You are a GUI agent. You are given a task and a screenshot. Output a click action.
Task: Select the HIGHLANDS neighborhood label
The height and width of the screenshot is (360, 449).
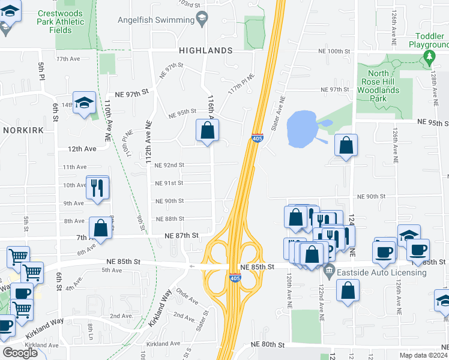point(205,50)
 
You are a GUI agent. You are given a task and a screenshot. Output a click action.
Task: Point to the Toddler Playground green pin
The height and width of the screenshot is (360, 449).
point(429,58)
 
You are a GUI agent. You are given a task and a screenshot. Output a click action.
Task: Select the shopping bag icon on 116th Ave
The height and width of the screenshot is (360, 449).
point(207,130)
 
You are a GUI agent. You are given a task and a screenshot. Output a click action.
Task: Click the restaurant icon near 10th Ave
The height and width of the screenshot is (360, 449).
point(97,187)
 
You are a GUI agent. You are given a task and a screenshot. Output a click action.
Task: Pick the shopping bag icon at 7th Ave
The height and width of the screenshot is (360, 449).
point(100,228)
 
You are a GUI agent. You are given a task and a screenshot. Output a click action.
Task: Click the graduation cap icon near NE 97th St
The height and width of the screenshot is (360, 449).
point(85,103)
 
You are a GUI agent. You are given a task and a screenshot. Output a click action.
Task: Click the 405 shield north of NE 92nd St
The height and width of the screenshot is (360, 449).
point(257,138)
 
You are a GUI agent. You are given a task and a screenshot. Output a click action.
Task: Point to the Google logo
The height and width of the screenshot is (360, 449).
point(20,353)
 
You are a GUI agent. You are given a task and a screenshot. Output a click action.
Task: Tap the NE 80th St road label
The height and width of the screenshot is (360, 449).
point(267,344)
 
